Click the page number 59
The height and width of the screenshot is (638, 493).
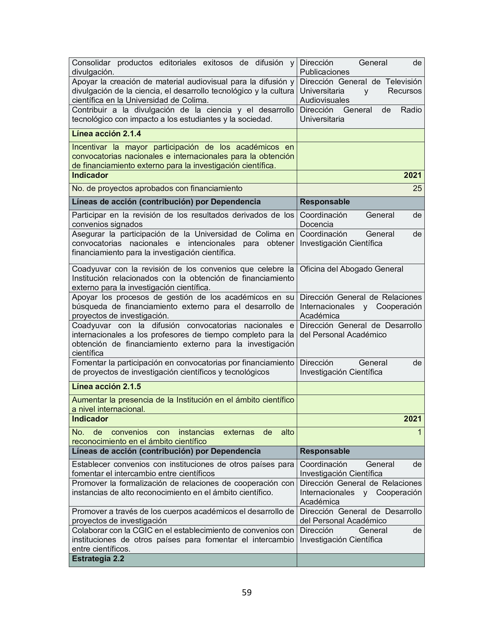[x=246, y=592]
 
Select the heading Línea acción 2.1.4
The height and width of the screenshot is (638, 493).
[x=106, y=134]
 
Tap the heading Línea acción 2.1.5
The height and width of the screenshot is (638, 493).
[x=106, y=386]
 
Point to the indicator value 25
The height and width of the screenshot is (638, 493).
[x=417, y=188]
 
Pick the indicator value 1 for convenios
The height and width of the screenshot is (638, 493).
[x=419, y=432]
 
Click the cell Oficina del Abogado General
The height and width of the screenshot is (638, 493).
[x=351, y=269]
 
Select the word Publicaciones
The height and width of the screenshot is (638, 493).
[x=324, y=72]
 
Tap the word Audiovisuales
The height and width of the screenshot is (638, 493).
[x=324, y=100]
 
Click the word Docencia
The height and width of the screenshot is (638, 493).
[x=316, y=224]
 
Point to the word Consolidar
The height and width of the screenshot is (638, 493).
[x=91, y=63]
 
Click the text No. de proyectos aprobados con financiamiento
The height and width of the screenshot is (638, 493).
[x=157, y=188]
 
